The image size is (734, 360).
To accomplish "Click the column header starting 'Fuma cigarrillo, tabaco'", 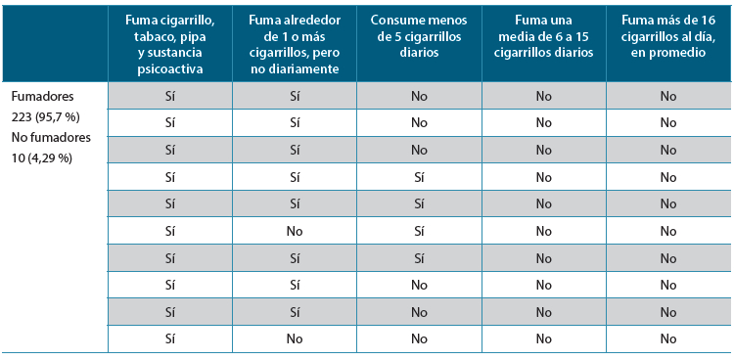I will click(169, 43).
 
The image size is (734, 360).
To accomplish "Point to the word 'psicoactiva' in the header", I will click(169, 69).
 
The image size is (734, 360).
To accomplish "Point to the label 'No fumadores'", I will click(46, 138).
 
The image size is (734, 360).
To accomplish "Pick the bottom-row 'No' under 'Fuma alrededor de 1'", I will click(294, 339).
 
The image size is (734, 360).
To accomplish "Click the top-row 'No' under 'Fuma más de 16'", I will click(668, 96).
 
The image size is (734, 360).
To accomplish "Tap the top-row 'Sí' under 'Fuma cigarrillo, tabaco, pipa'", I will click(169, 96).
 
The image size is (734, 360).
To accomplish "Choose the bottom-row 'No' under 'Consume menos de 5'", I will click(419, 339).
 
